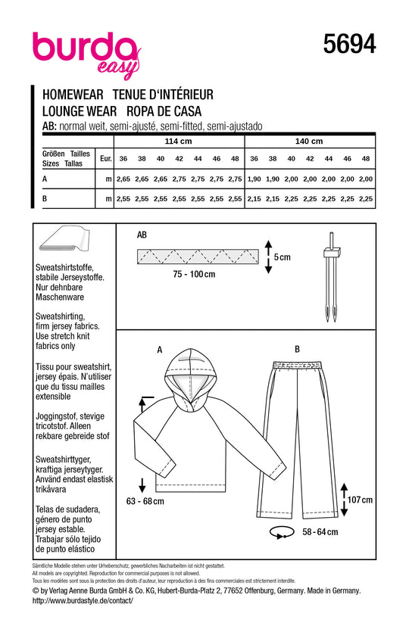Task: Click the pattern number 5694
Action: coord(349,44)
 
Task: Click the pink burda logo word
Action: coord(84,48)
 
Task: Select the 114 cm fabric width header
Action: coord(178,142)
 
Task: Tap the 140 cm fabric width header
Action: coord(309,142)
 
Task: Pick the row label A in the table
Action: coord(45,179)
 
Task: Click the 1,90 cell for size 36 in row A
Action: coord(254,179)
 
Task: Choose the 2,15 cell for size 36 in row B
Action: coord(254,199)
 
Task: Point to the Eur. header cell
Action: coord(106,158)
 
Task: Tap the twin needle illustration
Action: coord(332,277)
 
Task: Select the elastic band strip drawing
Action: coord(198,257)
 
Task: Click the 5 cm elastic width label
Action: coord(282,257)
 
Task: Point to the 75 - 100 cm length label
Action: coord(194,274)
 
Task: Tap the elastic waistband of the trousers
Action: coord(297,366)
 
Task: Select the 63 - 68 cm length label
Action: coord(145,501)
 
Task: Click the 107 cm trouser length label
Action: coord(360,500)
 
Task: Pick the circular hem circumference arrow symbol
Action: coord(280,533)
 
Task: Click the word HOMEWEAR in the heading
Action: coord(73,95)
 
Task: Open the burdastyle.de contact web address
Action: coord(83,601)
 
